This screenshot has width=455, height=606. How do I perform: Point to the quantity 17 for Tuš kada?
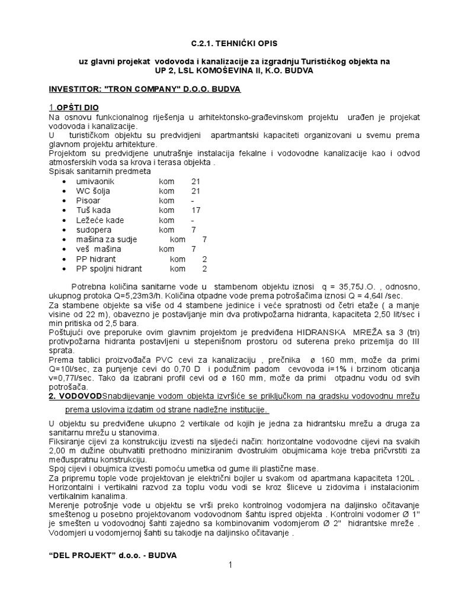196,211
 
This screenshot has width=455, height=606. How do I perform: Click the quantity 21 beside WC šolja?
196,191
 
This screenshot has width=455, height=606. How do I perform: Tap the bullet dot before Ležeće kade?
64,220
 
